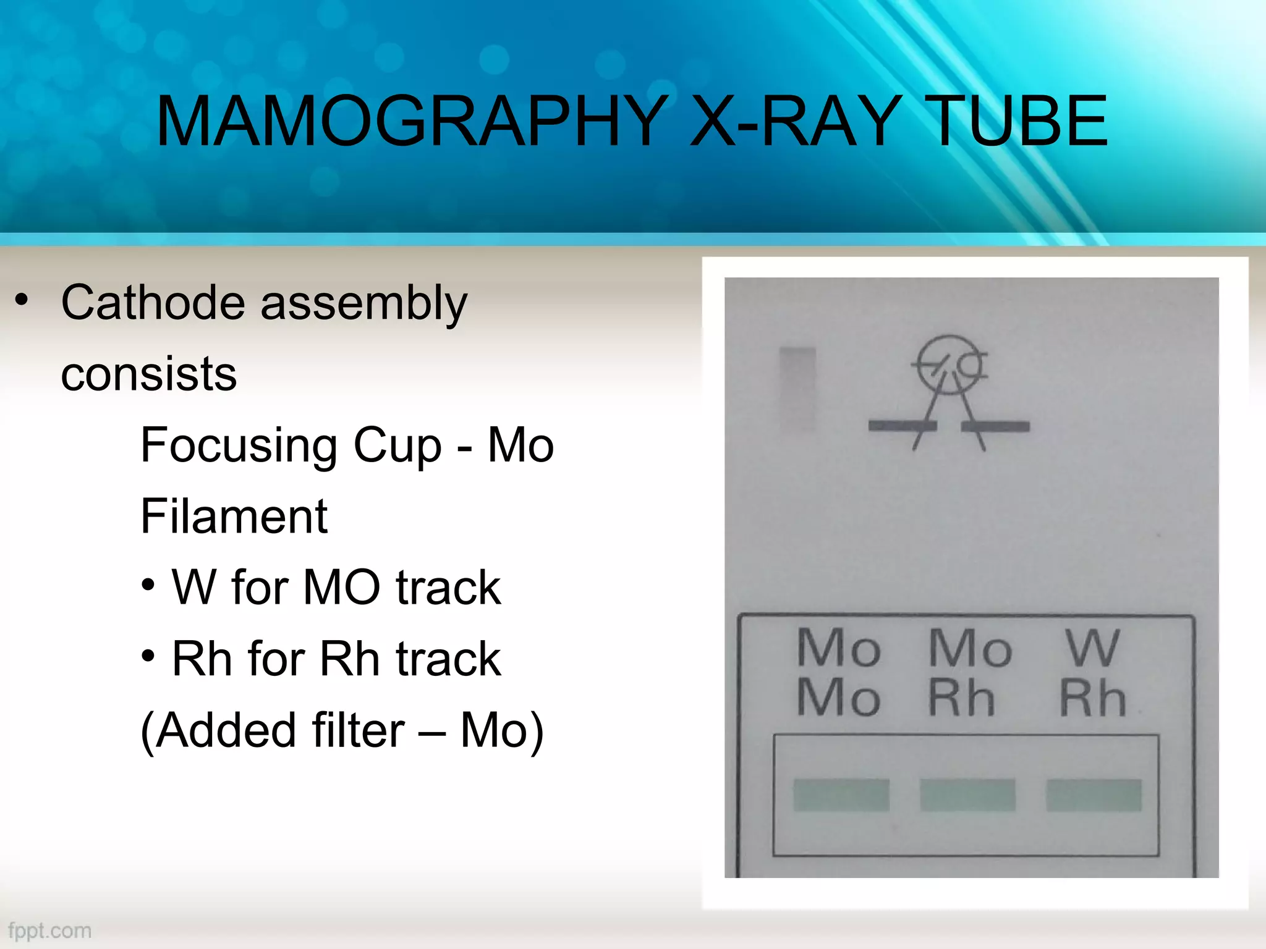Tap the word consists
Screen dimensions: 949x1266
[148, 374]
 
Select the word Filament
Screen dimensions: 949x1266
[234, 517]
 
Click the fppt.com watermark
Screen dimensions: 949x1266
[50, 930]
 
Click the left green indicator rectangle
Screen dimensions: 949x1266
[841, 795]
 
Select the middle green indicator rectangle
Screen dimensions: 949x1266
[967, 795]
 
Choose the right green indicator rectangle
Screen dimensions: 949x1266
[1094, 795]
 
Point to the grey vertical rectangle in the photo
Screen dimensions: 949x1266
[797, 389]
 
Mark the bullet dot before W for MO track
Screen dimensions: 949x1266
[148, 584]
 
